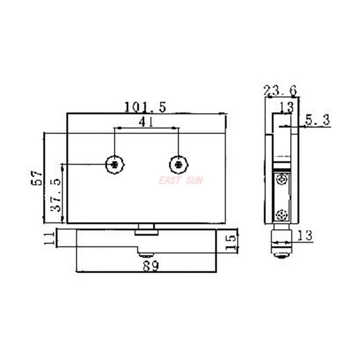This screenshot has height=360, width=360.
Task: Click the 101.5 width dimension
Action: tap(145, 107)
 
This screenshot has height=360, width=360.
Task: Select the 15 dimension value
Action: tap(230, 243)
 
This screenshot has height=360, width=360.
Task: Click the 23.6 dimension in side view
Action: tap(281, 91)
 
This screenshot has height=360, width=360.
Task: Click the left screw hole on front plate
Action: tap(115, 165)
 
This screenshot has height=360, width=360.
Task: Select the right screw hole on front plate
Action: tap(179, 165)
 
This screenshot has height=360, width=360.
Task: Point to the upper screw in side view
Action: tap(282, 180)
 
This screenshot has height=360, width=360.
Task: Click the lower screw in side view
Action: tap(282, 215)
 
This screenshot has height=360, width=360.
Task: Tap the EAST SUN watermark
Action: tap(180, 180)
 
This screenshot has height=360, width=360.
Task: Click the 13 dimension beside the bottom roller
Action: tap(305, 235)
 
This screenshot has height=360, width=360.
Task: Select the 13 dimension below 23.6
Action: tap(287, 107)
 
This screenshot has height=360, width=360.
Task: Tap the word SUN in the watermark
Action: tap(194, 180)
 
